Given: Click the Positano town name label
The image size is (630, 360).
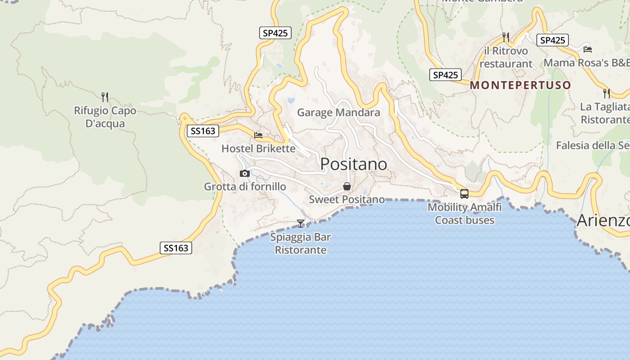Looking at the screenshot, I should (x=353, y=164).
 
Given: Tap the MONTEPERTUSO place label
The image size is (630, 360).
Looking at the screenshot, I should (x=520, y=85).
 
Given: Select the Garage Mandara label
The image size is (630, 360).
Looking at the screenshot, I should (x=338, y=112).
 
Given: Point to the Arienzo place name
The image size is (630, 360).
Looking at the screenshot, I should (x=603, y=220).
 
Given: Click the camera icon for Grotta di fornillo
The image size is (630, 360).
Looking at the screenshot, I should (x=245, y=173).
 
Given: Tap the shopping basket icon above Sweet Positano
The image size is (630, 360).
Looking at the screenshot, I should (x=347, y=186).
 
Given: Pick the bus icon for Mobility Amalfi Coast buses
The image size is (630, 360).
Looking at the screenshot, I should (x=464, y=194).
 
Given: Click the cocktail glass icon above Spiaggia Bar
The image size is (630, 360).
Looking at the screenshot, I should (x=301, y=223).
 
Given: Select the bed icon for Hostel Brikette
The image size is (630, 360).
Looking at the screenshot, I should (x=258, y=135).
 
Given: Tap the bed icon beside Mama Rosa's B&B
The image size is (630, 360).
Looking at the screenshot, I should (x=587, y=49).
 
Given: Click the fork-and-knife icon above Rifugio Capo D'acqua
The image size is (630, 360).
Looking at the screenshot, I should (x=105, y=97).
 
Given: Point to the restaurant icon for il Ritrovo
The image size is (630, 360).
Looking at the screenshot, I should (x=506, y=37).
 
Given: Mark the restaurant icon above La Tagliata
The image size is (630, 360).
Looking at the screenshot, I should (x=607, y=93).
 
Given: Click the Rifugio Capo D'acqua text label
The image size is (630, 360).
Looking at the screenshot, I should (x=105, y=117).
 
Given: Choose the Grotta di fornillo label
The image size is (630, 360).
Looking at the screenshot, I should (x=245, y=186).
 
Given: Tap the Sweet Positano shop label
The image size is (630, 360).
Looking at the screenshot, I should (x=346, y=199).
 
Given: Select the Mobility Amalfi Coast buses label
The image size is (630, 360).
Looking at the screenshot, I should (x=464, y=214).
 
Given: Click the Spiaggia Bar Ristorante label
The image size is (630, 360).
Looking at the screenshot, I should (x=301, y=243).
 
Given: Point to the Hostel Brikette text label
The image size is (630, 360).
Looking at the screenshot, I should (x=258, y=148).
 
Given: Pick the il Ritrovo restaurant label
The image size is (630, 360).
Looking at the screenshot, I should (x=506, y=57).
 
